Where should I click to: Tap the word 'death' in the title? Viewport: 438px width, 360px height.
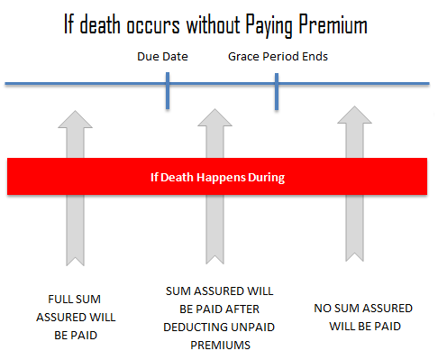(100, 24)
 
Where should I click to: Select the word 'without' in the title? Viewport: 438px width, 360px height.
(214, 24)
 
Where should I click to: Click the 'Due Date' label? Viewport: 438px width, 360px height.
(162, 57)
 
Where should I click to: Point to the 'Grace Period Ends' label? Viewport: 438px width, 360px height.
(278, 57)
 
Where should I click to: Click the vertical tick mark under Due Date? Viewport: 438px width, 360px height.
(168, 90)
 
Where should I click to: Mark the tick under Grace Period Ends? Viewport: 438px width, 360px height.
(277, 91)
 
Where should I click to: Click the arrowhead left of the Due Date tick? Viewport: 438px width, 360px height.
(75, 119)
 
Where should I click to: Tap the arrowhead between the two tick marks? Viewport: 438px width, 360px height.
(214, 117)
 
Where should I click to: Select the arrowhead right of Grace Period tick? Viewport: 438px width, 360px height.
(354, 115)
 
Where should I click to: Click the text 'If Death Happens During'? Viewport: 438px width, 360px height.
(217, 177)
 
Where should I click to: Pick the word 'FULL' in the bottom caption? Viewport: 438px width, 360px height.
(59, 300)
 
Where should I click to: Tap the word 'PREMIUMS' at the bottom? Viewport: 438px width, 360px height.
(220, 345)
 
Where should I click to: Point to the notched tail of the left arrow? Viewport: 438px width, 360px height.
(75, 261)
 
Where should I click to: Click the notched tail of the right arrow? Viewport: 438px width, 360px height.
(354, 256)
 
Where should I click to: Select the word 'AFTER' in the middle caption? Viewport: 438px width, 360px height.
(242, 309)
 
